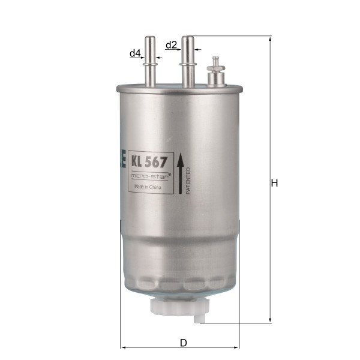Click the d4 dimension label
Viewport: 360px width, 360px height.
[135, 53]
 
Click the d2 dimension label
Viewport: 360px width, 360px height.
[171, 45]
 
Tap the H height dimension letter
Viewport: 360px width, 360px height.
[275, 183]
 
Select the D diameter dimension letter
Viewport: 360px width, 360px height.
[184, 343]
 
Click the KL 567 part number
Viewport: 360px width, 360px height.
[149, 163]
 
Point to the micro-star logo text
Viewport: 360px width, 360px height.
[151, 176]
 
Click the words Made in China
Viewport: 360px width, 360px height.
[148, 187]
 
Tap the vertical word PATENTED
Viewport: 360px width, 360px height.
[188, 181]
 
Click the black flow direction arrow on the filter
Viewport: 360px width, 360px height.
[181, 173]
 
